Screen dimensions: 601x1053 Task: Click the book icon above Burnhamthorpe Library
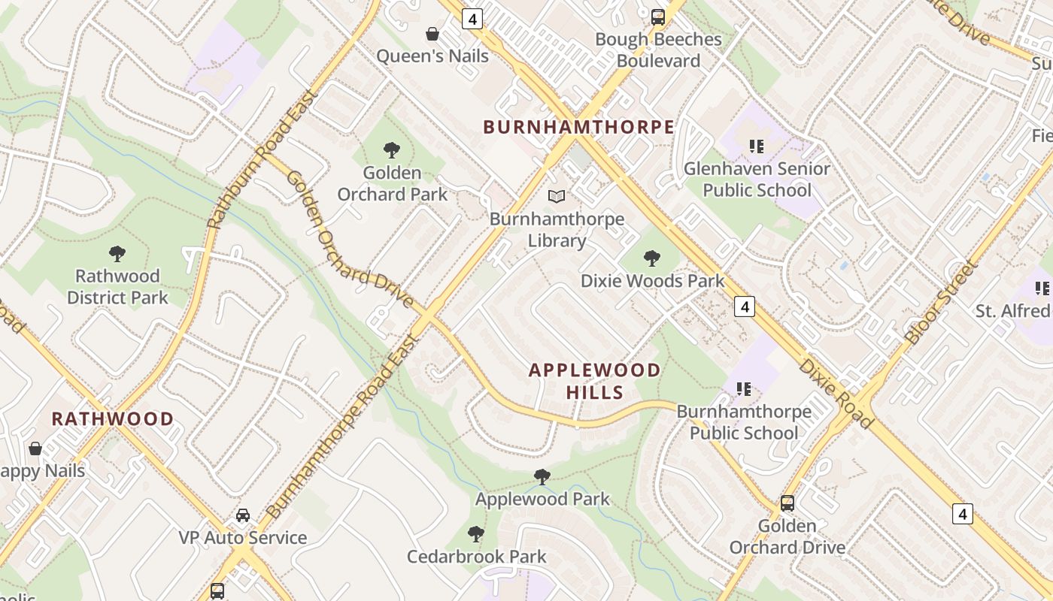557,197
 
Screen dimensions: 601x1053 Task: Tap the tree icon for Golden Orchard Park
391,149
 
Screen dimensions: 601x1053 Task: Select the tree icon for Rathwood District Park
117,254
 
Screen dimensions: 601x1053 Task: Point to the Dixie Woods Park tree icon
652,259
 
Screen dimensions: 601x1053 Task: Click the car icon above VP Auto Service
243,515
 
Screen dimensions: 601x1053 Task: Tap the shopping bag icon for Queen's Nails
432,34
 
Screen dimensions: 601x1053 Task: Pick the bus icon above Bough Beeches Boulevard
658,17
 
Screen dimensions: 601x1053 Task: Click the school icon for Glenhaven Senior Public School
757,146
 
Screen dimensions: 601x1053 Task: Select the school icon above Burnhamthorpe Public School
744,389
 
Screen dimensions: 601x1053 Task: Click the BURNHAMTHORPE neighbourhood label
578,127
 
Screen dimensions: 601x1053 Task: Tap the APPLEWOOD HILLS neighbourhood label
594,381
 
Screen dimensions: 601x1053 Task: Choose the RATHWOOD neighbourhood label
113,418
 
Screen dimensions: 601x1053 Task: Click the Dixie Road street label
836,394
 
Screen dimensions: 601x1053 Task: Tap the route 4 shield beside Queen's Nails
472,20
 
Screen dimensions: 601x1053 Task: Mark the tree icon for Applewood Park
542,476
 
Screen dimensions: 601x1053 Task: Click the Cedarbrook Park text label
476,557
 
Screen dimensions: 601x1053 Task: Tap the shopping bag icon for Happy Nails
35,449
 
